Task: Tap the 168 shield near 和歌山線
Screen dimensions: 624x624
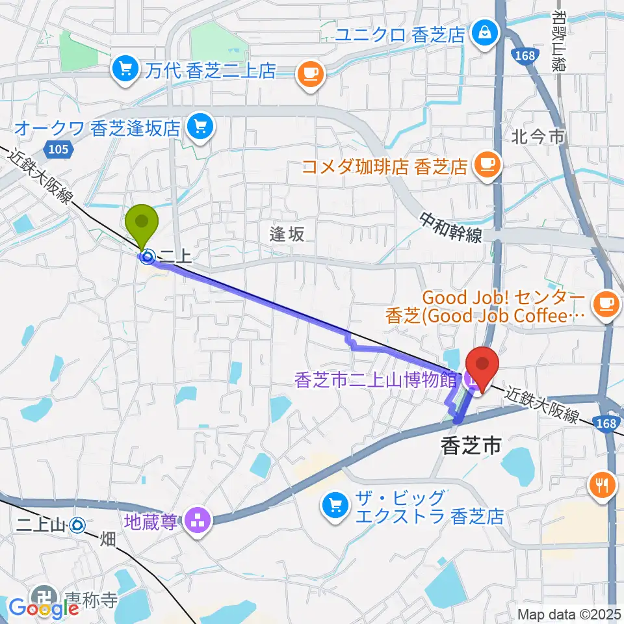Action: (523, 55)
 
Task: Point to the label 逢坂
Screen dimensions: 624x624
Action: (287, 235)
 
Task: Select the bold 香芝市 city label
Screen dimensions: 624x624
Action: (471, 446)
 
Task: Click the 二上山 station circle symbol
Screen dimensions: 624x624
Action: (78, 523)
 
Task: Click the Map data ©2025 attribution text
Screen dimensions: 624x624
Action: (569, 614)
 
